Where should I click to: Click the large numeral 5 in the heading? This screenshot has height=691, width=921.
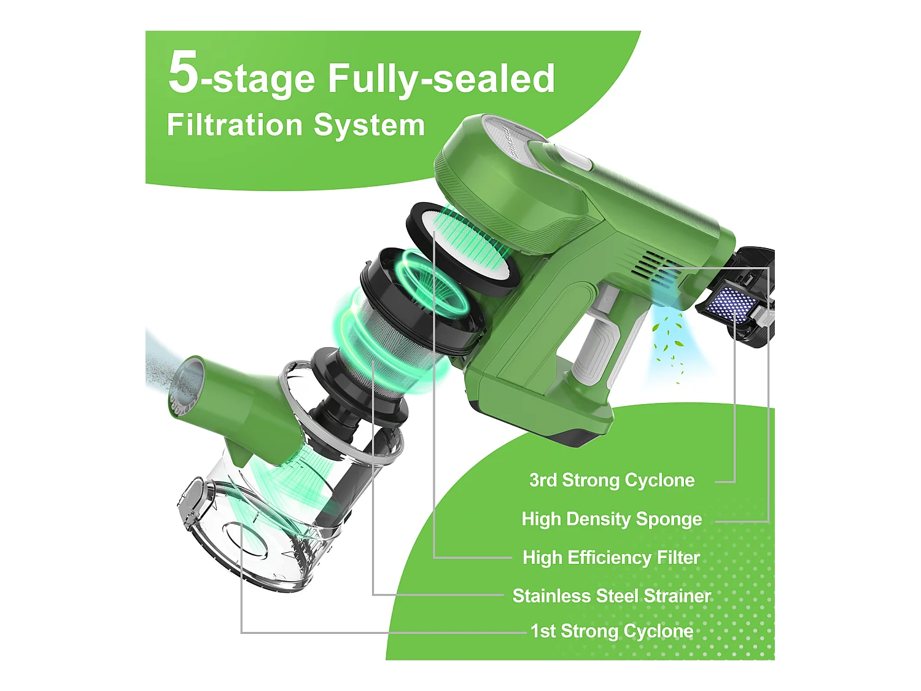tap(183, 72)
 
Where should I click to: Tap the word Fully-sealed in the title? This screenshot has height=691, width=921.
tap(441, 79)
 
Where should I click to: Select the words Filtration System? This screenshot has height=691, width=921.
tap(295, 125)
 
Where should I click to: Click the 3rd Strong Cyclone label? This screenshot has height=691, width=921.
tap(612, 480)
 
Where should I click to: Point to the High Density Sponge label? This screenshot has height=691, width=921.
tap(612, 519)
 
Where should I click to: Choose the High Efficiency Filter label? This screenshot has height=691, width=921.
tap(611, 558)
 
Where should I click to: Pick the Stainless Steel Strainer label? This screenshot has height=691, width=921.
tap(612, 596)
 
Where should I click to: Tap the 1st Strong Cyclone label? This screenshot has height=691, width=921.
tap(612, 631)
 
